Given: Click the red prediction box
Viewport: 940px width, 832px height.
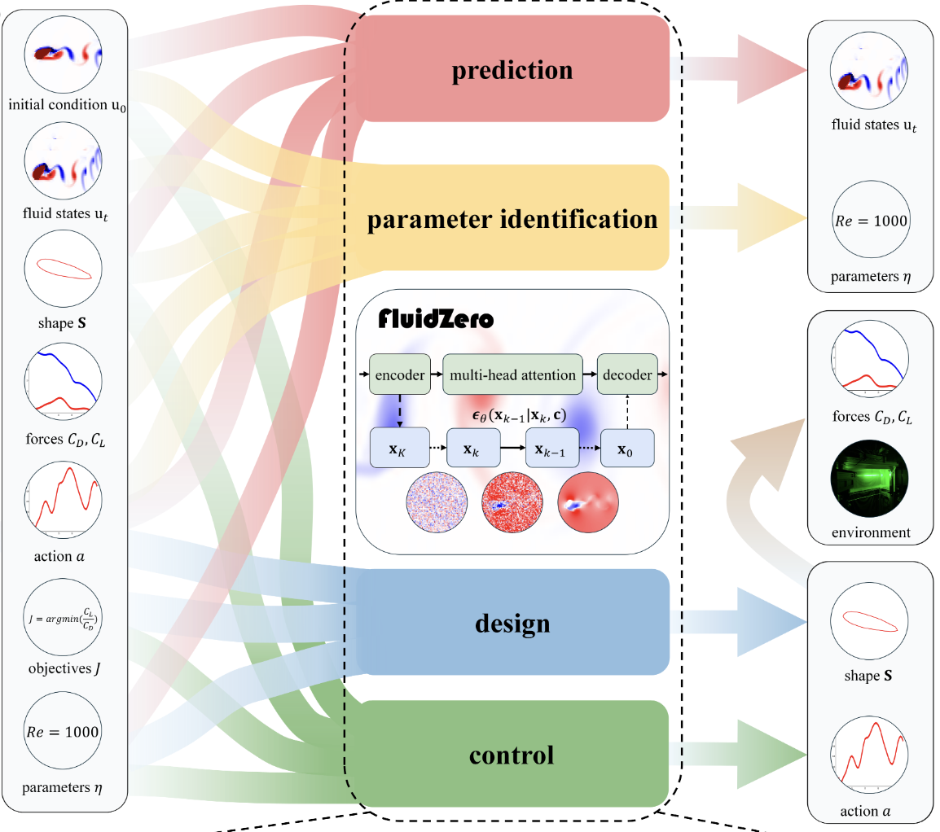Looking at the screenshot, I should pyautogui.click(x=513, y=69).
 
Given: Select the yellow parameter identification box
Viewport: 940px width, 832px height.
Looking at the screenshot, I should pyautogui.click(x=513, y=218).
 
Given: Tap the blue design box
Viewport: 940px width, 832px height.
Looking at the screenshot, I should pyautogui.click(x=513, y=623).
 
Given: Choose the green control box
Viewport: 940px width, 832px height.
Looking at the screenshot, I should pyautogui.click(x=513, y=754).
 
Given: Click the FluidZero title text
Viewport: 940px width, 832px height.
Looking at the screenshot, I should pyautogui.click(x=436, y=319).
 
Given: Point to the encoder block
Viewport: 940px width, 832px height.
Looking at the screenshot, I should pyautogui.click(x=399, y=375).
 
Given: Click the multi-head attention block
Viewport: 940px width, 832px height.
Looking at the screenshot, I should pyautogui.click(x=512, y=375).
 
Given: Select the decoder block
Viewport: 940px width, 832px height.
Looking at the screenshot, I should pyautogui.click(x=626, y=375).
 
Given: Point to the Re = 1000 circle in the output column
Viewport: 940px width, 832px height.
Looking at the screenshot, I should pyautogui.click(x=869, y=221).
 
